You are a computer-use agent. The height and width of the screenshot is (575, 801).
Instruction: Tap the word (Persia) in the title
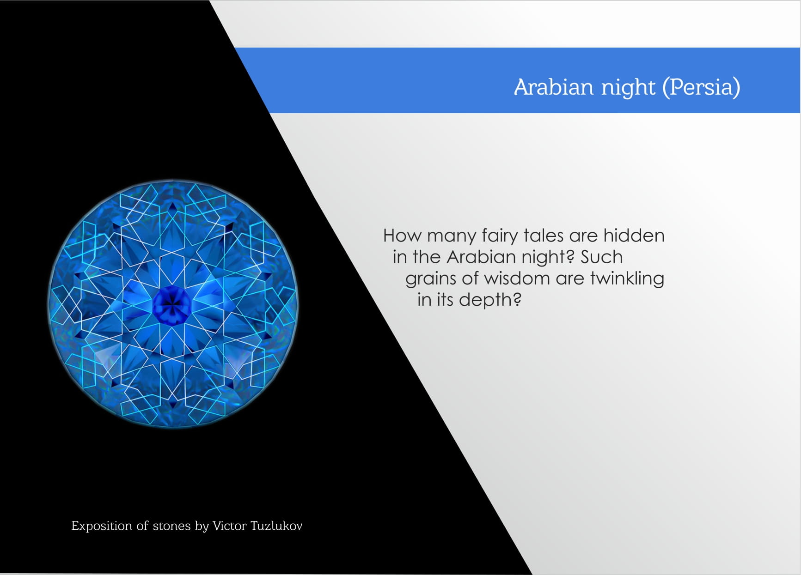click(x=701, y=87)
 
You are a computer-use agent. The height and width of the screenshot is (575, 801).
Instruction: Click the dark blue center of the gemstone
click(x=171, y=305)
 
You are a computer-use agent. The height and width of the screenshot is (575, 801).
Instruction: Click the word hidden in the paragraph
click(x=634, y=236)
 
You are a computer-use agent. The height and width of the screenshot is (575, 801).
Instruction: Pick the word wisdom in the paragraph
click(x=517, y=278)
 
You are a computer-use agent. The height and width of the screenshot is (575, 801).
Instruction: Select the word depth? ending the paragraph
click(x=490, y=300)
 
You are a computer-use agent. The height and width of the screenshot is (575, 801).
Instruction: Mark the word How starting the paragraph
click(x=403, y=236)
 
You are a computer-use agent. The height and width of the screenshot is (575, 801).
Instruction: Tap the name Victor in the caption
click(x=229, y=526)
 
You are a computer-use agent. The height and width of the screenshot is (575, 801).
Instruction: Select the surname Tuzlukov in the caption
click(x=276, y=526)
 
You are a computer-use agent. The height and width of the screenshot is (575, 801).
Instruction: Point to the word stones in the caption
click(x=171, y=526)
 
